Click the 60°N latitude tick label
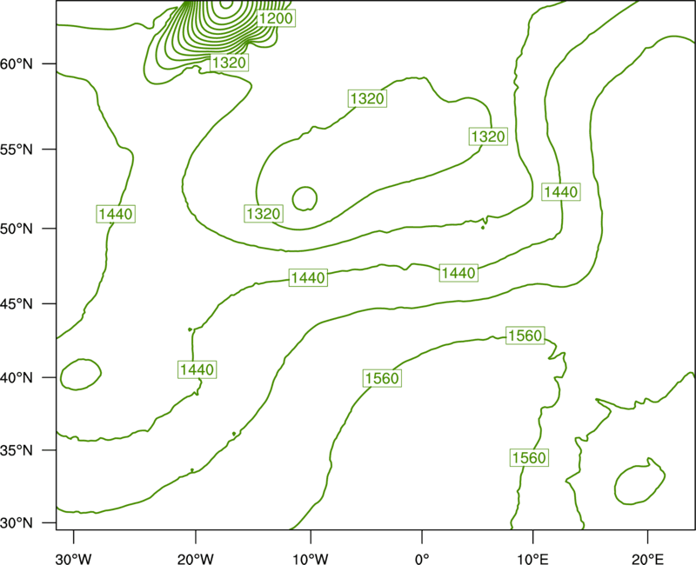point(17,64)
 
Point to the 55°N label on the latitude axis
point(17,150)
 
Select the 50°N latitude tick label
point(17,229)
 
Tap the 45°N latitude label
point(17,304)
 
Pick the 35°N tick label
point(17,450)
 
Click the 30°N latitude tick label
point(17,523)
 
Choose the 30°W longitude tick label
point(74,559)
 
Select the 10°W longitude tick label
point(311,559)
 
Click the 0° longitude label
point(422,559)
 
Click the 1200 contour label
point(276,18)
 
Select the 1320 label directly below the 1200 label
point(229,63)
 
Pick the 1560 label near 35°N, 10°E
point(529,457)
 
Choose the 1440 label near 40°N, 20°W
point(197,369)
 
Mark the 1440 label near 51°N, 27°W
point(116,214)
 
